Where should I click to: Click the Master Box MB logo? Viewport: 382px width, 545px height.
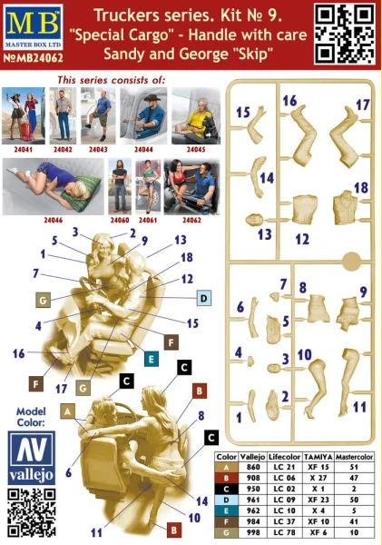(34, 26)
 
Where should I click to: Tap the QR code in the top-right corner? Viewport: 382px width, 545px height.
(345, 34)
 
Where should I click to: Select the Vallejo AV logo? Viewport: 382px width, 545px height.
(31, 458)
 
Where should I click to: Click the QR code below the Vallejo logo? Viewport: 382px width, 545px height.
(31, 512)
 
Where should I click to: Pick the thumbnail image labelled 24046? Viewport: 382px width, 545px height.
(54, 186)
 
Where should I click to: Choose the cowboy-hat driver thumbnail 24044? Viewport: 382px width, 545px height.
(143, 115)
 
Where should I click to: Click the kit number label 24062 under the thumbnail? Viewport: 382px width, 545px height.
(191, 220)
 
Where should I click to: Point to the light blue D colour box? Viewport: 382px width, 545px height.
(204, 298)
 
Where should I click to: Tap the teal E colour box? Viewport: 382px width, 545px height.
(151, 359)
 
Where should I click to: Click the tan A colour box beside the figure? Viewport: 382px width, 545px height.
(67, 411)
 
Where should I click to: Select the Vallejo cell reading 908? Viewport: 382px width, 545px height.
(253, 478)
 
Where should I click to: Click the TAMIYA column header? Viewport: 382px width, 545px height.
(318, 456)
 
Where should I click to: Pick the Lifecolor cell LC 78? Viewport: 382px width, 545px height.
(284, 532)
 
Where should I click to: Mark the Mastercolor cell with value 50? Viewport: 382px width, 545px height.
(354, 500)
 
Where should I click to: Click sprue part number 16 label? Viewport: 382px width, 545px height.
(289, 101)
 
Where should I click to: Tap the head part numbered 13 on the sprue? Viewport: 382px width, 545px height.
(255, 220)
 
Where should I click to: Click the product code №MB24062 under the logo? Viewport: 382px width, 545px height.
(34, 57)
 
